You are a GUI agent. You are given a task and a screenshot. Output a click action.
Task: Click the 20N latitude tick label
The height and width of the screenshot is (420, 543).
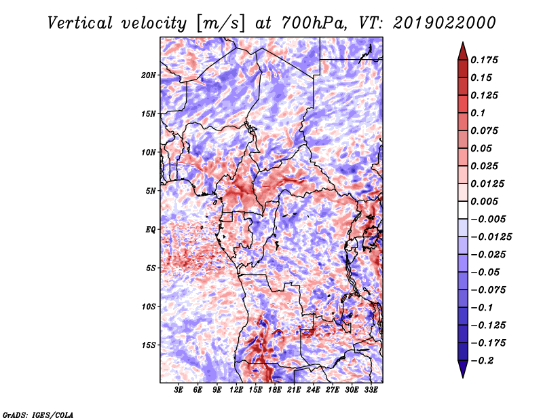pos(149,75)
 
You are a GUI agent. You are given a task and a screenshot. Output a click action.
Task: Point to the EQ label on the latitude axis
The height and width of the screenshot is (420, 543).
pos(151,230)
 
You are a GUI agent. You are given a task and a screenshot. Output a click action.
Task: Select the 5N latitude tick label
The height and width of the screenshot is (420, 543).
pos(151,191)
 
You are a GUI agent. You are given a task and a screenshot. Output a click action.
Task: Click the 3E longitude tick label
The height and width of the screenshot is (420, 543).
pos(179,389)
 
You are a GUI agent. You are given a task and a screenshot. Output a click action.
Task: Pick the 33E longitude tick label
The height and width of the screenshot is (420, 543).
pos(371,389)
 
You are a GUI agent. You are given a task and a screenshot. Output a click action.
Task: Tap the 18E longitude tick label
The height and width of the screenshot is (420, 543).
pos(275,389)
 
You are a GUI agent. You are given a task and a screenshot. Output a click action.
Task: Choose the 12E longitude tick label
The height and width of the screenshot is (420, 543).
pos(236,389)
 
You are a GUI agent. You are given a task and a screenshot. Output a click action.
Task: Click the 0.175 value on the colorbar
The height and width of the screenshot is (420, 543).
pos(484,60)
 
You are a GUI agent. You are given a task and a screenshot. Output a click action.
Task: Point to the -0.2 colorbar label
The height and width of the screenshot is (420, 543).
pos(482,361)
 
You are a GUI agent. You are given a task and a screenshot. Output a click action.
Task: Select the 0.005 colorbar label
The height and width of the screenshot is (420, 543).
pos(484,201)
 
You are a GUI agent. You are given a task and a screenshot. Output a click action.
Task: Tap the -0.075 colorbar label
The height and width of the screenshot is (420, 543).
pos(488,290)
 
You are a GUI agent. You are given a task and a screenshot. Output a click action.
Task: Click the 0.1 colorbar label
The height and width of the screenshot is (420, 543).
pos(478,113)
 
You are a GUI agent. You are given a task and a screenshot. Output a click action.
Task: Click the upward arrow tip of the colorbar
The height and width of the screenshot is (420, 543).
pos(463,42)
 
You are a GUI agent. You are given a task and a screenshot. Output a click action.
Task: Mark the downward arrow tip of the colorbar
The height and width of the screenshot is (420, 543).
pos(463,377)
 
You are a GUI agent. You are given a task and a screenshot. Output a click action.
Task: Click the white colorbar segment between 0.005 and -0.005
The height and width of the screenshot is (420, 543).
pos(463,210)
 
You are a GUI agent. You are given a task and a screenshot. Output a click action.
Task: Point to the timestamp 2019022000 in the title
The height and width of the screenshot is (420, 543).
pos(444,23)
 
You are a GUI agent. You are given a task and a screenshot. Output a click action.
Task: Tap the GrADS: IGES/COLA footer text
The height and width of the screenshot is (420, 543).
pos(38,415)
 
